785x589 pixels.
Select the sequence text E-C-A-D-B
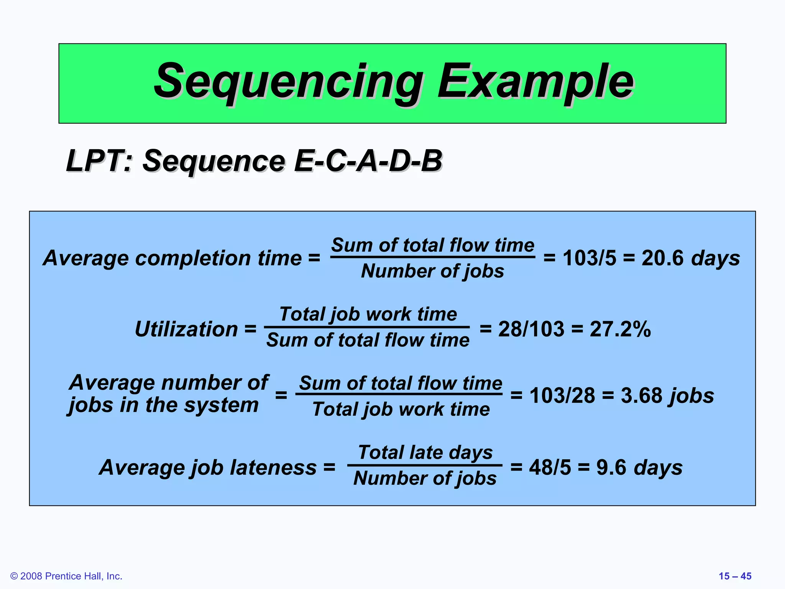[x=368, y=160]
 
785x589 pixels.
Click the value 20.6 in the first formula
[x=662, y=258]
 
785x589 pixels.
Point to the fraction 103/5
[x=589, y=258]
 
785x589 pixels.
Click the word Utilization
[x=187, y=329]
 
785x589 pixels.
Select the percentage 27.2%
[x=620, y=329]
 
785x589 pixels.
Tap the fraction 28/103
[x=531, y=329]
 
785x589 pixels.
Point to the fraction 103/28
[x=562, y=395]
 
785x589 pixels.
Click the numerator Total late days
[x=425, y=452]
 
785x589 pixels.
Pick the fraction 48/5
[x=550, y=467]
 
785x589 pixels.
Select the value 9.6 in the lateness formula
[x=611, y=467]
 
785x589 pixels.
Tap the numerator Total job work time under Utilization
[x=368, y=314]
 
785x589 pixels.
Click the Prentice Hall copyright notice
[x=66, y=576]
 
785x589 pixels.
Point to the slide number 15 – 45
[x=735, y=576]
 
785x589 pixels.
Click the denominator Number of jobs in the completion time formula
[x=432, y=271]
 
